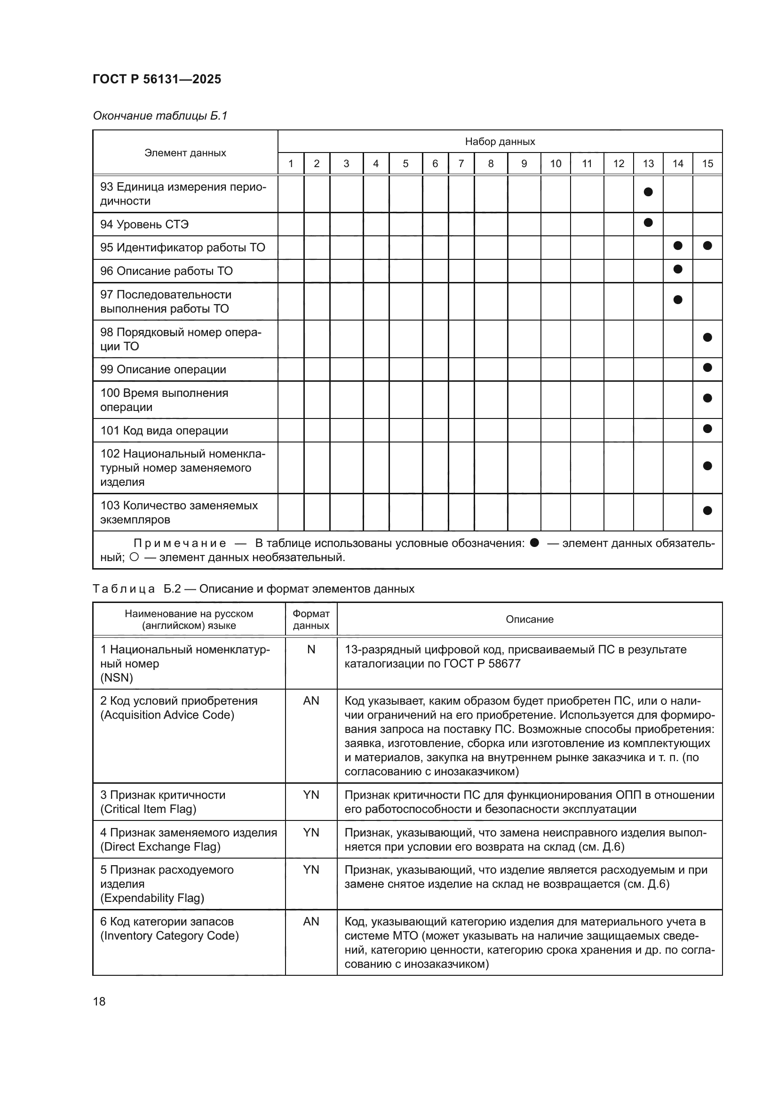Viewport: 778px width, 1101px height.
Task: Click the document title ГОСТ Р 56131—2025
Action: coord(157,79)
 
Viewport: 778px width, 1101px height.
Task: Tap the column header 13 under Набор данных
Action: coord(648,163)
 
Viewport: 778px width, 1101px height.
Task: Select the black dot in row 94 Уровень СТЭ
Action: coord(648,223)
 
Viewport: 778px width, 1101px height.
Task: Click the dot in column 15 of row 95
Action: coord(707,246)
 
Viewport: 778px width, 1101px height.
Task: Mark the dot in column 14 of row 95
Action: coord(677,246)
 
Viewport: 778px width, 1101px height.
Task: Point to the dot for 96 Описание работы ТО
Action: coord(677,269)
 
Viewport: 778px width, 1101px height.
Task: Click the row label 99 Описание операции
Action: coord(163,370)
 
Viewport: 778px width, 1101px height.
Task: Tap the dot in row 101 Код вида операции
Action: coord(707,428)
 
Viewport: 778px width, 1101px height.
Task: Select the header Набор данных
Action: coord(500,142)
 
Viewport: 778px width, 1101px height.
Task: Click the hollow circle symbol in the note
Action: coord(134,557)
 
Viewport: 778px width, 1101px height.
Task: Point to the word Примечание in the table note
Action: coord(179,543)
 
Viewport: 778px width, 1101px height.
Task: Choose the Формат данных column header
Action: coord(311,619)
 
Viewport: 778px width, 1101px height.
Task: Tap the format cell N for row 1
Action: coord(311,650)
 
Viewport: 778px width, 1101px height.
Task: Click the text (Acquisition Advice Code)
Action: coord(167,715)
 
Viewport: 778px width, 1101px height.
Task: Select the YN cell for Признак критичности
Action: coord(311,795)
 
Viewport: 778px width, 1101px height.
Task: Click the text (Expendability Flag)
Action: coord(152,898)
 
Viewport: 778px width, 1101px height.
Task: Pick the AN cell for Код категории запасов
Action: coord(311,922)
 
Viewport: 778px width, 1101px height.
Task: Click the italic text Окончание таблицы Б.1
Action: coord(159,116)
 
